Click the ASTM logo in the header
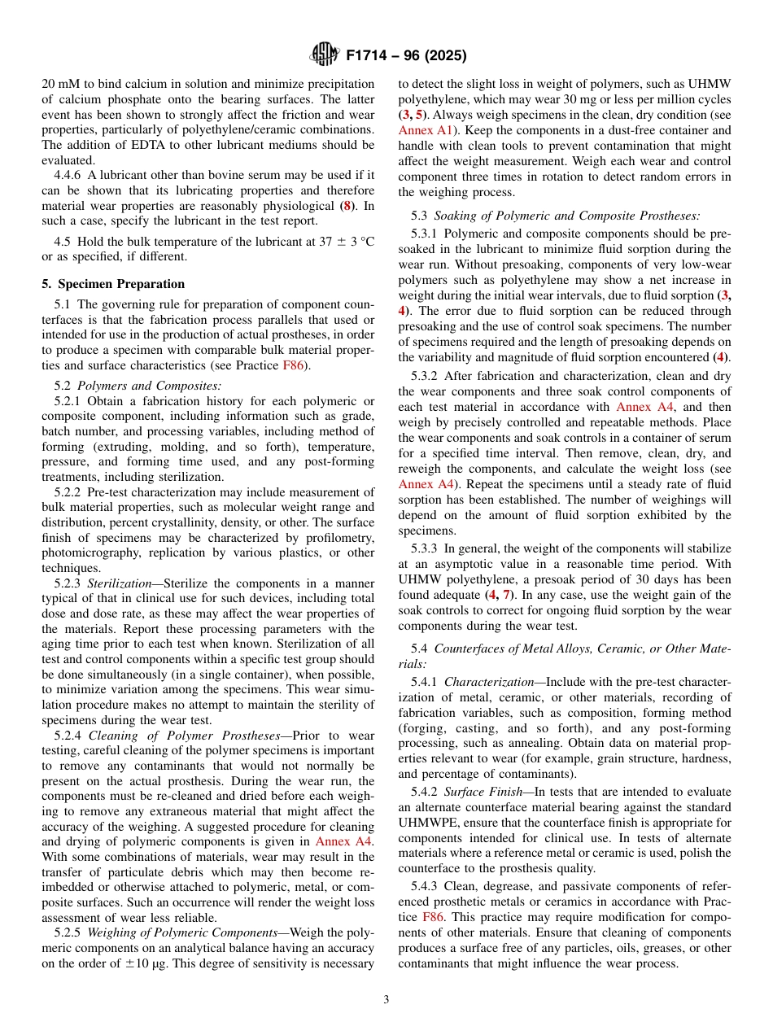pos(325,55)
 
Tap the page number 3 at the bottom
pos(386,999)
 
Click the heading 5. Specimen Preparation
pos(113,284)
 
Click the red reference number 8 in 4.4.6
pos(348,206)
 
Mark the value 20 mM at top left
pos(60,84)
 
